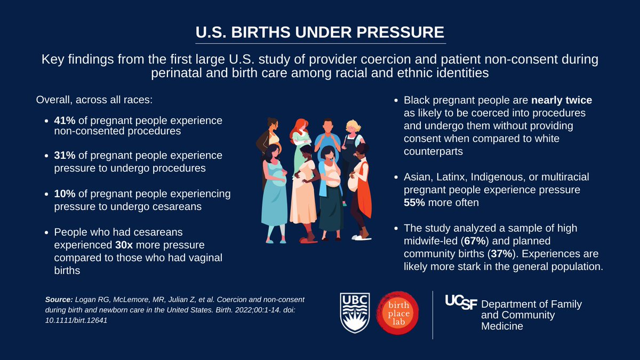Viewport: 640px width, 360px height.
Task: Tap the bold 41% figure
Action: [x=65, y=121]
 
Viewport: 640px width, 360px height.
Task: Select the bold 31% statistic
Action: [x=64, y=155]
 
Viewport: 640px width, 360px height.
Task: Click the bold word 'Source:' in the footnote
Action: [x=59, y=300]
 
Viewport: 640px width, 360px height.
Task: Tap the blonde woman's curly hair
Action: [x=354, y=127]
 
